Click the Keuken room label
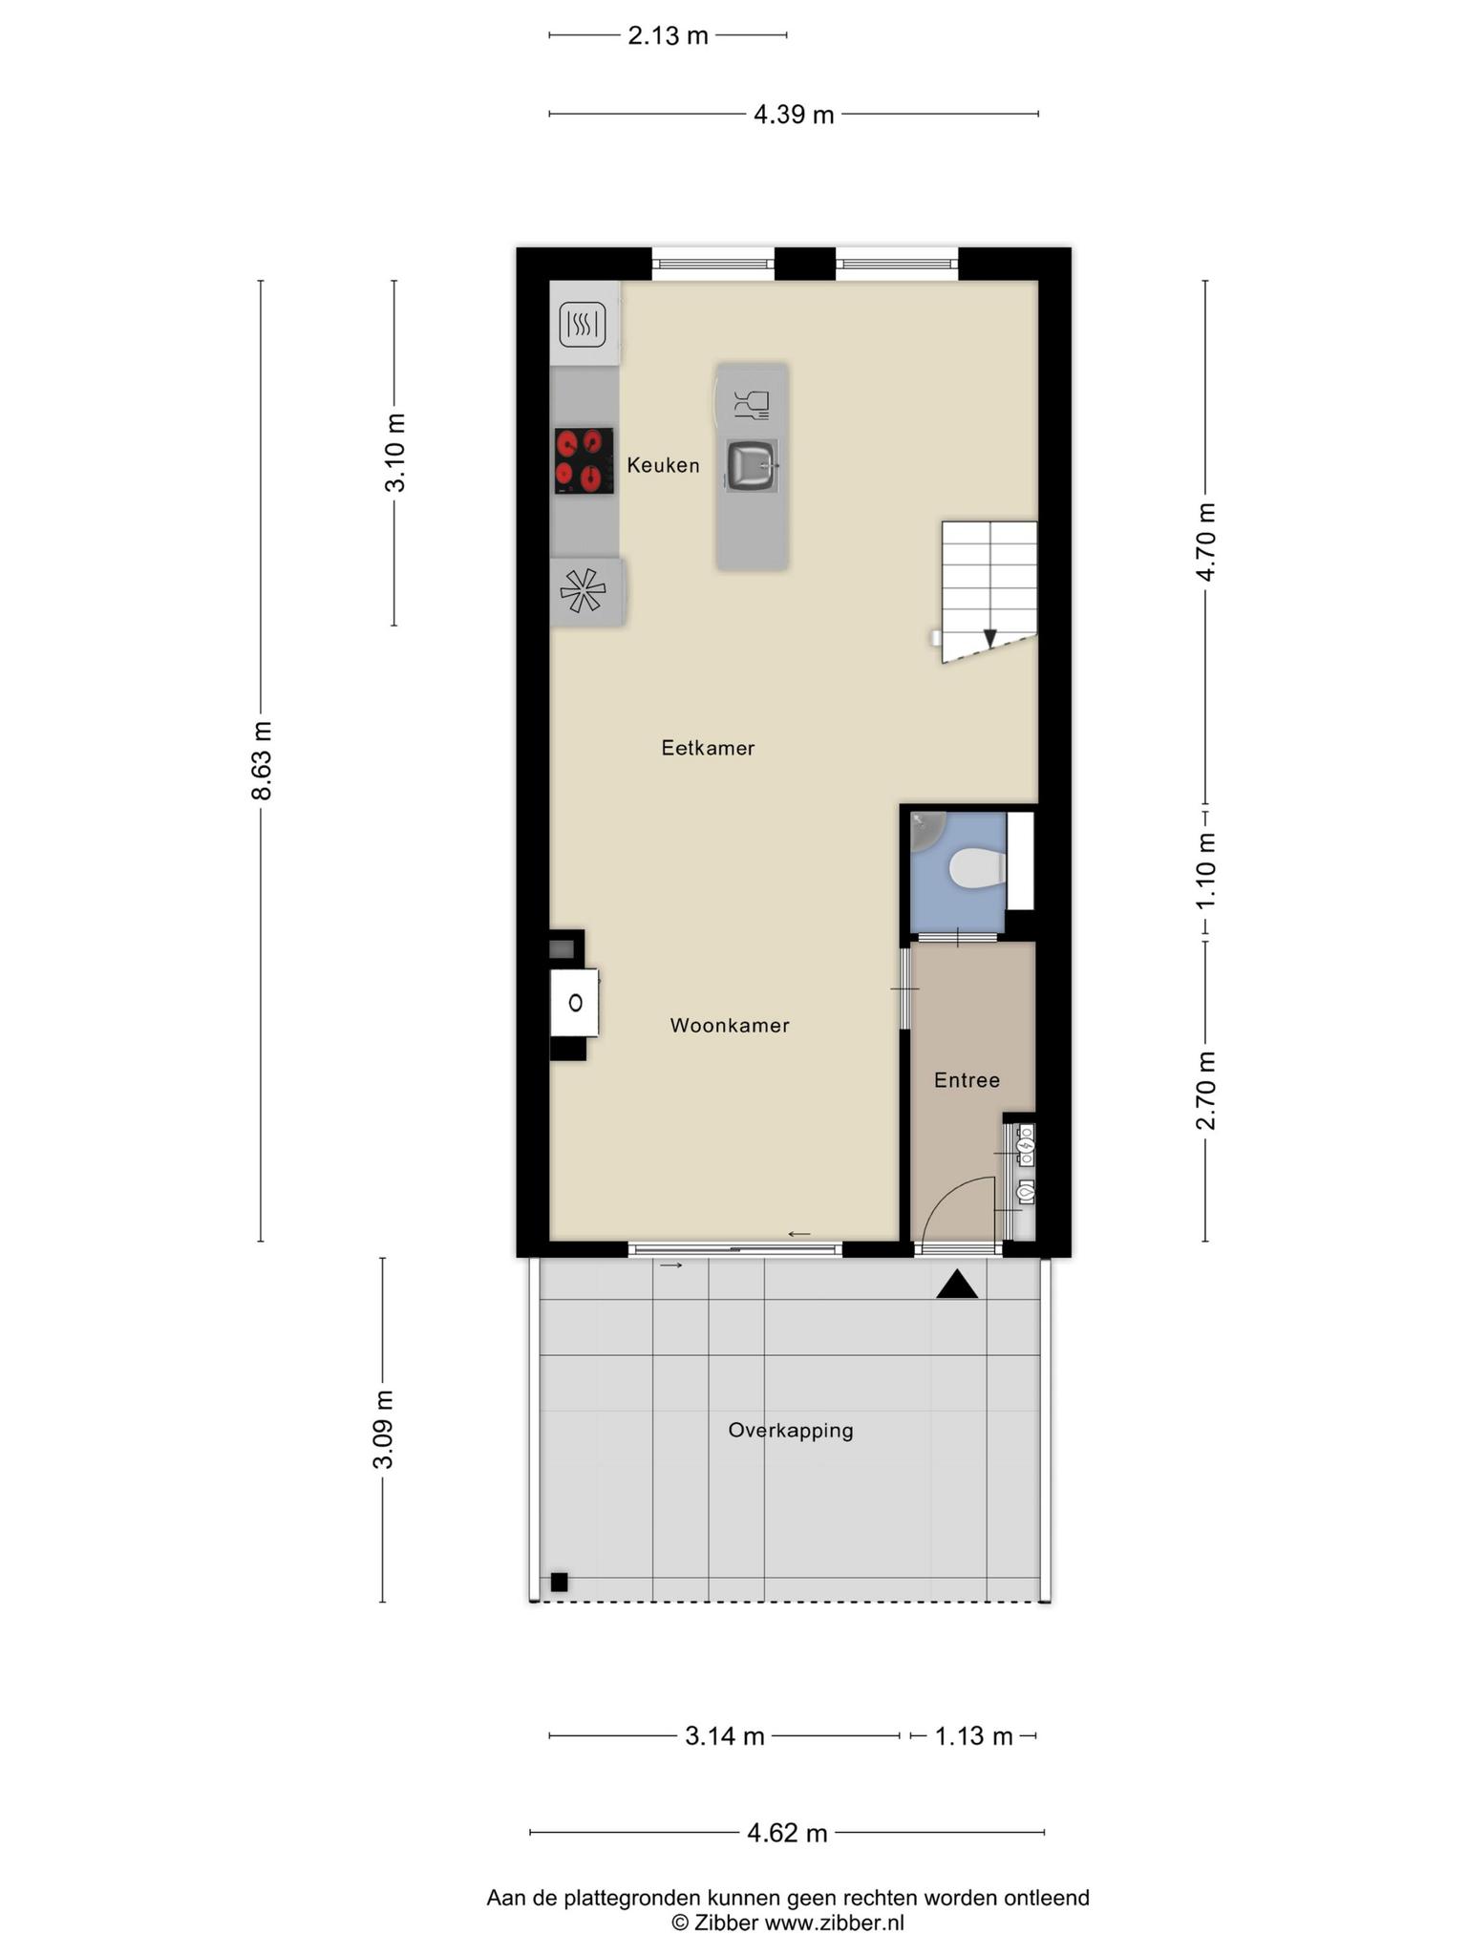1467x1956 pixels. click(x=663, y=465)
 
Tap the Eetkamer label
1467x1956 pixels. click(x=708, y=748)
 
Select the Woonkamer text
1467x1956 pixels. click(x=730, y=1025)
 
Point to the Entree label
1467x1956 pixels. click(x=967, y=1080)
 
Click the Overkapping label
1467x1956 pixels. click(x=791, y=1430)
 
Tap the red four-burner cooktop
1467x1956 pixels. click(x=585, y=460)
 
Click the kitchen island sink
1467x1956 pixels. click(x=752, y=465)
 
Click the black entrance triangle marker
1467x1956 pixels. click(x=957, y=1285)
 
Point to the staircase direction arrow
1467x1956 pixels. click(x=990, y=637)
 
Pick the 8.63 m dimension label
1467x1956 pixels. click(x=261, y=760)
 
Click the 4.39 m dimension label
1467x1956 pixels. click(x=794, y=115)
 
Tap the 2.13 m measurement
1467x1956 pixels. click(x=668, y=35)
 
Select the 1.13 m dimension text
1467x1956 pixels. click(x=973, y=1735)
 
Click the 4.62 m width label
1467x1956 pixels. click(x=787, y=1833)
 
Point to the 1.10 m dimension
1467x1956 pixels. click(x=1206, y=871)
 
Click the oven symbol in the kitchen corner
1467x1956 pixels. click(x=583, y=325)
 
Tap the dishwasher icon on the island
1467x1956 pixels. click(x=752, y=405)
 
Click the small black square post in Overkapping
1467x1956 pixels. click(x=559, y=1582)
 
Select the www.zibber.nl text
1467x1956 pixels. click(x=834, y=1923)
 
